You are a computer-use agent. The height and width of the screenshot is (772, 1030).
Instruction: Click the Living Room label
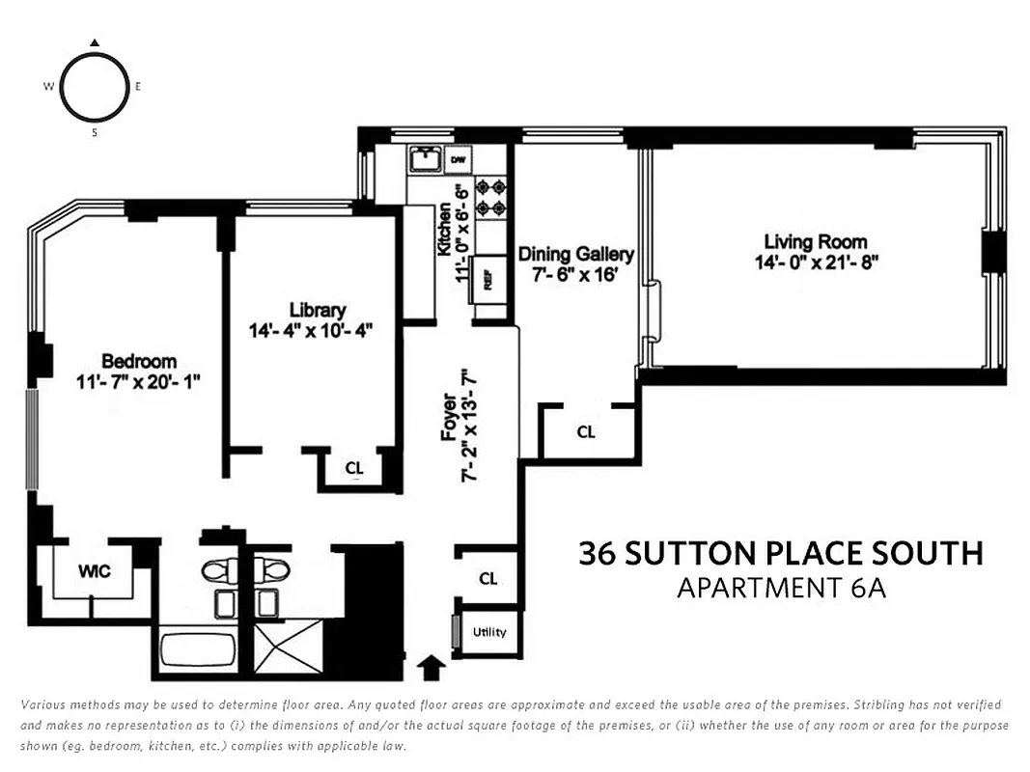click(x=816, y=241)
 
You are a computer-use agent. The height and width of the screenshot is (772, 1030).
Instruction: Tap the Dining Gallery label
click(x=576, y=254)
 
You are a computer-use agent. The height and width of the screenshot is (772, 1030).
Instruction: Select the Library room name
click(x=317, y=310)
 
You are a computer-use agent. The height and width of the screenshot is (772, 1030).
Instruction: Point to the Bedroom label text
click(x=140, y=362)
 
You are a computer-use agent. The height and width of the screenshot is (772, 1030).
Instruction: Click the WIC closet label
click(x=94, y=571)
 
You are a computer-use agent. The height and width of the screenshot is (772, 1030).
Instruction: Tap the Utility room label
click(x=488, y=632)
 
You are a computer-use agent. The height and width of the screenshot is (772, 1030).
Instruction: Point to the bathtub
click(x=197, y=648)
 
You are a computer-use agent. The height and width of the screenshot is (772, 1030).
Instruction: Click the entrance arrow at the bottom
click(x=432, y=666)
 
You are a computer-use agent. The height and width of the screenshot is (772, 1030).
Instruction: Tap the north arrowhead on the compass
click(x=95, y=42)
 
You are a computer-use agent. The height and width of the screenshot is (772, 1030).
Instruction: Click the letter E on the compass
click(x=138, y=87)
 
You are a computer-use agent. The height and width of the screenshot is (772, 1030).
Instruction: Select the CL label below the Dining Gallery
click(x=586, y=431)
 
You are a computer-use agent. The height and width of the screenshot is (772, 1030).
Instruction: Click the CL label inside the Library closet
click(x=354, y=469)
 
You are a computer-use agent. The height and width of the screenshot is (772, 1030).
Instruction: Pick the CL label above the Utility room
click(x=488, y=578)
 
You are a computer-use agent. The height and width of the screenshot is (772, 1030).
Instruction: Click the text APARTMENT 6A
click(x=781, y=587)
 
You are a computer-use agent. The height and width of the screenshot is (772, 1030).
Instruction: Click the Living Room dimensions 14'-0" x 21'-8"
click(x=816, y=262)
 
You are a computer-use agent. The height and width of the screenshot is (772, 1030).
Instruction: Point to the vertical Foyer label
click(x=450, y=417)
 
